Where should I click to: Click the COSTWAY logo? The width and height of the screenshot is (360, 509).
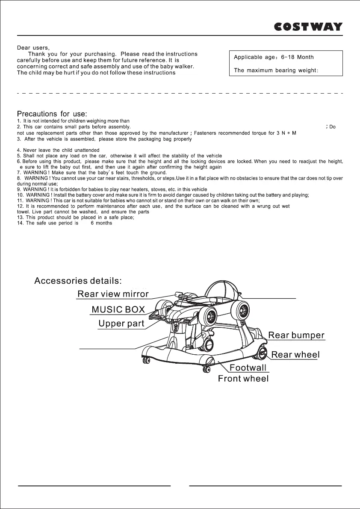point(308,26)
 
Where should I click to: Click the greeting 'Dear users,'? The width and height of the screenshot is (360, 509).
point(36,47)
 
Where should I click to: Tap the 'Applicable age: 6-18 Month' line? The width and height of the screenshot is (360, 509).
point(274,57)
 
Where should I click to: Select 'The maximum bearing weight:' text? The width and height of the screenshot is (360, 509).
point(276,71)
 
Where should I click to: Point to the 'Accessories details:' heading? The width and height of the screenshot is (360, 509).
point(78,281)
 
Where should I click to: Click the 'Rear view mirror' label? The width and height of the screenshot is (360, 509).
point(113,294)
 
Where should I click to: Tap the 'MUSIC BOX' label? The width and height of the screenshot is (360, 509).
point(118,309)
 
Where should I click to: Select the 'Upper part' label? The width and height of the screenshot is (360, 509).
point(121,324)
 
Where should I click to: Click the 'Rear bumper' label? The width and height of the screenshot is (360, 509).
point(296,335)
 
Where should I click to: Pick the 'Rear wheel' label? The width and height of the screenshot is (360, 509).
point(295,354)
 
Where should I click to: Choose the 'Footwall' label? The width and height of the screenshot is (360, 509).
point(248,368)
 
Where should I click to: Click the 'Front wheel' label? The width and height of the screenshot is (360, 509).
point(243,379)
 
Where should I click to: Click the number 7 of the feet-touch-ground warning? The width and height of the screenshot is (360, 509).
point(18,173)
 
